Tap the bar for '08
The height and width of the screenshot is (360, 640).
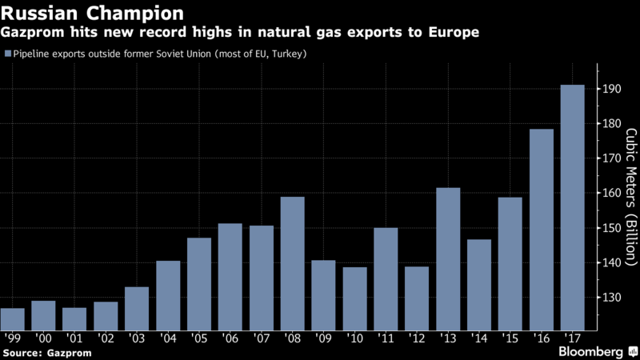pyautogui.click(x=292, y=263)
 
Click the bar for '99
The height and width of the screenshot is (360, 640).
pyautogui.click(x=12, y=318)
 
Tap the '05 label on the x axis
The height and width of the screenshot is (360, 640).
pyautogui.click(x=199, y=338)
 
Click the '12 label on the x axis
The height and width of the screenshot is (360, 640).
pyautogui.click(x=417, y=338)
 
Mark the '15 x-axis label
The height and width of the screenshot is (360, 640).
pyautogui.click(x=510, y=338)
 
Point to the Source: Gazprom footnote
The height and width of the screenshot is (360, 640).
pyautogui.click(x=47, y=352)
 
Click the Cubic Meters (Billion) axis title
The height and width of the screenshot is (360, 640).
pyautogui.click(x=630, y=196)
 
